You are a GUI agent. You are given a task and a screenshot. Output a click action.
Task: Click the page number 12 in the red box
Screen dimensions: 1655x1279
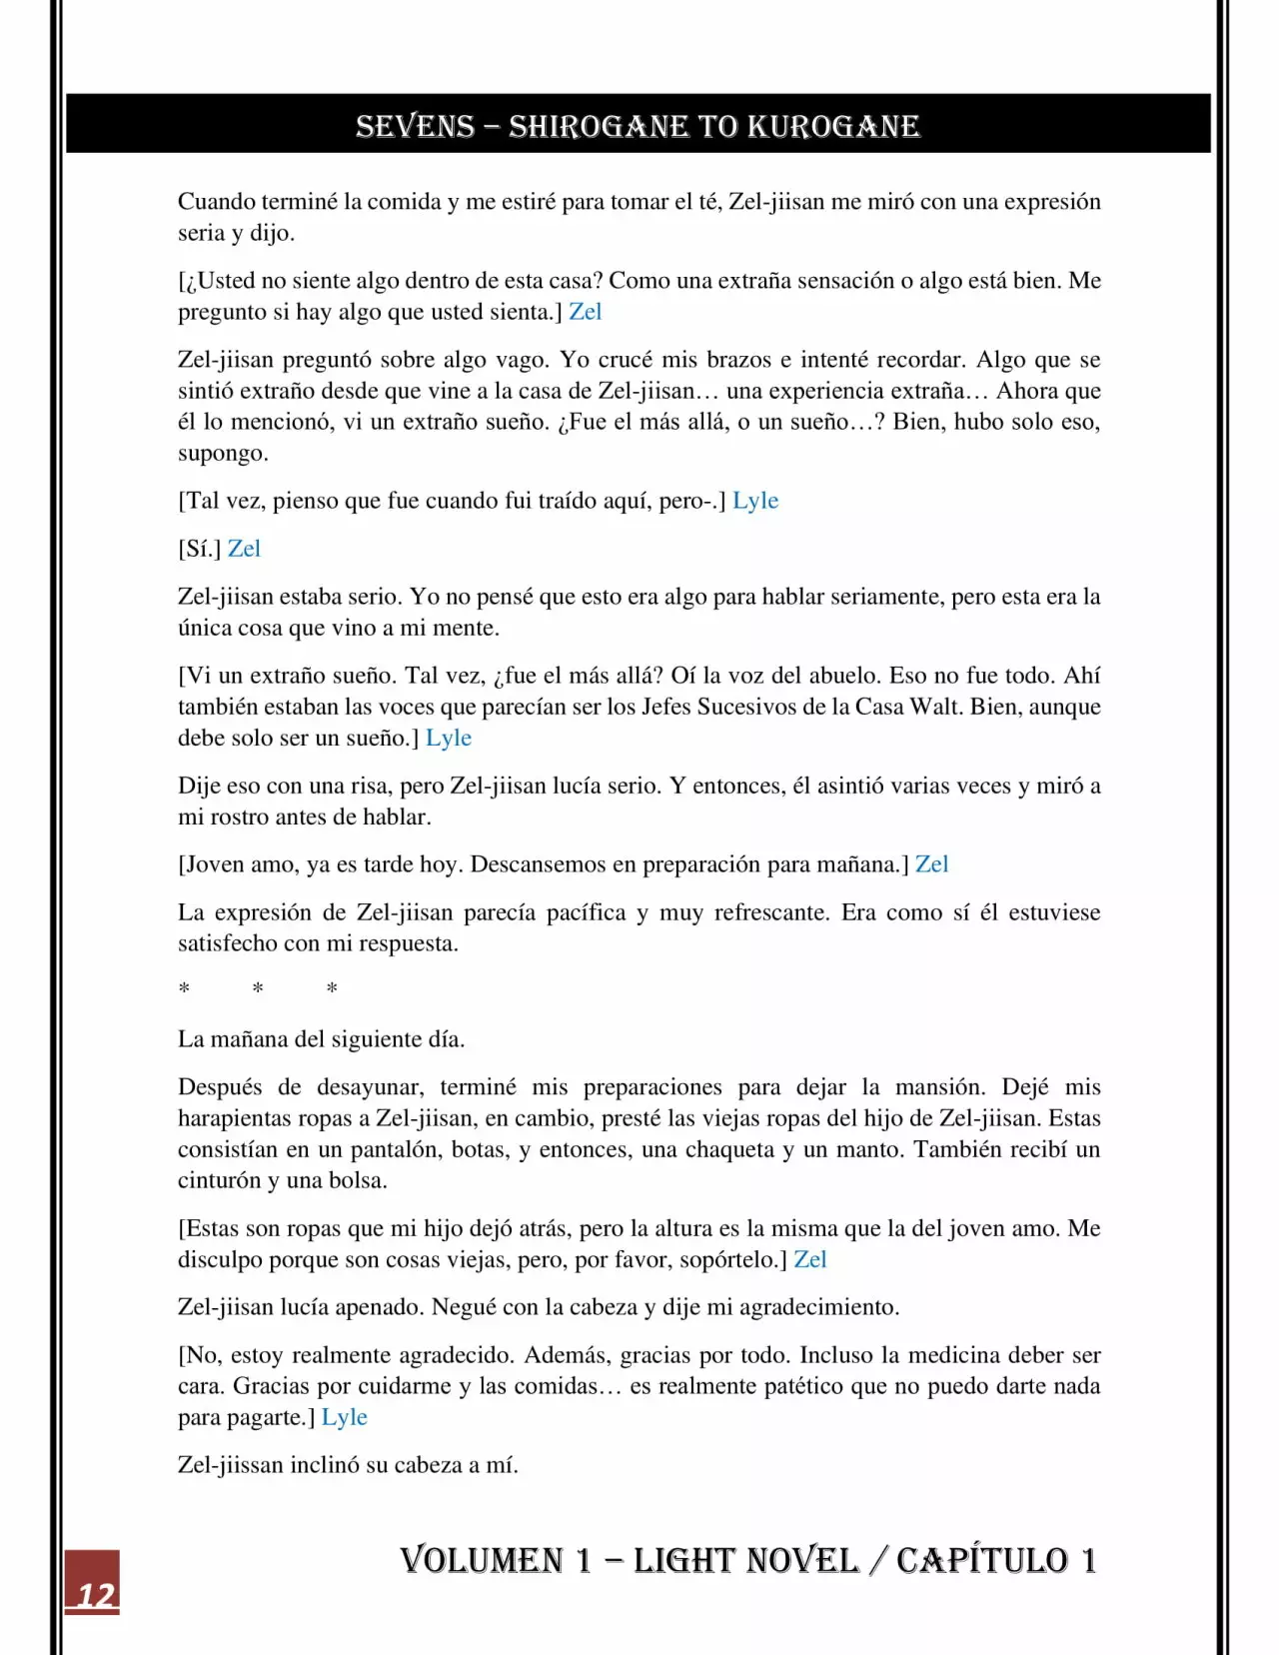pyautogui.click(x=95, y=1594)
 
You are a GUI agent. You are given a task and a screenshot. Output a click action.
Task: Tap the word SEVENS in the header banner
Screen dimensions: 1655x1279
pyautogui.click(x=415, y=126)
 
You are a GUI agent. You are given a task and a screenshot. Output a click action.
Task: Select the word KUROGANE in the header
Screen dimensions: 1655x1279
pyautogui.click(x=833, y=126)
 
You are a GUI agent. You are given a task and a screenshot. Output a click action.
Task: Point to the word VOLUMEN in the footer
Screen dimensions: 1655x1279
pyautogui.click(x=482, y=1560)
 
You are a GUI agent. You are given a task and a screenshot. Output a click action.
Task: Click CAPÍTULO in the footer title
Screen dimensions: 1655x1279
pyautogui.click(x=982, y=1560)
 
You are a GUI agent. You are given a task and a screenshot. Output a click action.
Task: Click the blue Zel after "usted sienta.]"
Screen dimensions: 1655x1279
pyautogui.click(x=586, y=312)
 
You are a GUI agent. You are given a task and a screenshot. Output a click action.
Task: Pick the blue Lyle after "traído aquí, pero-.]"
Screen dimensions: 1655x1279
pyautogui.click(x=755, y=501)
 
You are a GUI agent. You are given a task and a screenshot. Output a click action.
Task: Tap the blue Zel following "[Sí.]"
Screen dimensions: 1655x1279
pyautogui.click(x=244, y=549)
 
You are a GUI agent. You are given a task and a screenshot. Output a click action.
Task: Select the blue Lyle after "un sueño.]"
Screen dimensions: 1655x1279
pyautogui.click(x=449, y=738)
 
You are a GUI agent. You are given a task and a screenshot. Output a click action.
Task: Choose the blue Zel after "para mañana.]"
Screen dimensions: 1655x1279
pyautogui.click(x=931, y=864)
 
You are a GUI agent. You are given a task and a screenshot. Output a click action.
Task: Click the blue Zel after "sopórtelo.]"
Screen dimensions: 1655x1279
pyautogui.click(x=810, y=1259)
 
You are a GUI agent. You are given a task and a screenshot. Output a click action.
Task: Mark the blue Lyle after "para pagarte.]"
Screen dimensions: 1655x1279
pyautogui.click(x=345, y=1417)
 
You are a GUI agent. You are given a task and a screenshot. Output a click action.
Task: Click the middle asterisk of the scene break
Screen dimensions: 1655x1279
pyautogui.click(x=258, y=988)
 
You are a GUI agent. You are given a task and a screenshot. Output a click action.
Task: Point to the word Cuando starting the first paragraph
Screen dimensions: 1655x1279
pyautogui.click(x=217, y=202)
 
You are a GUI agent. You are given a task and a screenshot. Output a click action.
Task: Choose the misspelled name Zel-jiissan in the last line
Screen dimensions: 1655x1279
pyautogui.click(x=231, y=1465)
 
